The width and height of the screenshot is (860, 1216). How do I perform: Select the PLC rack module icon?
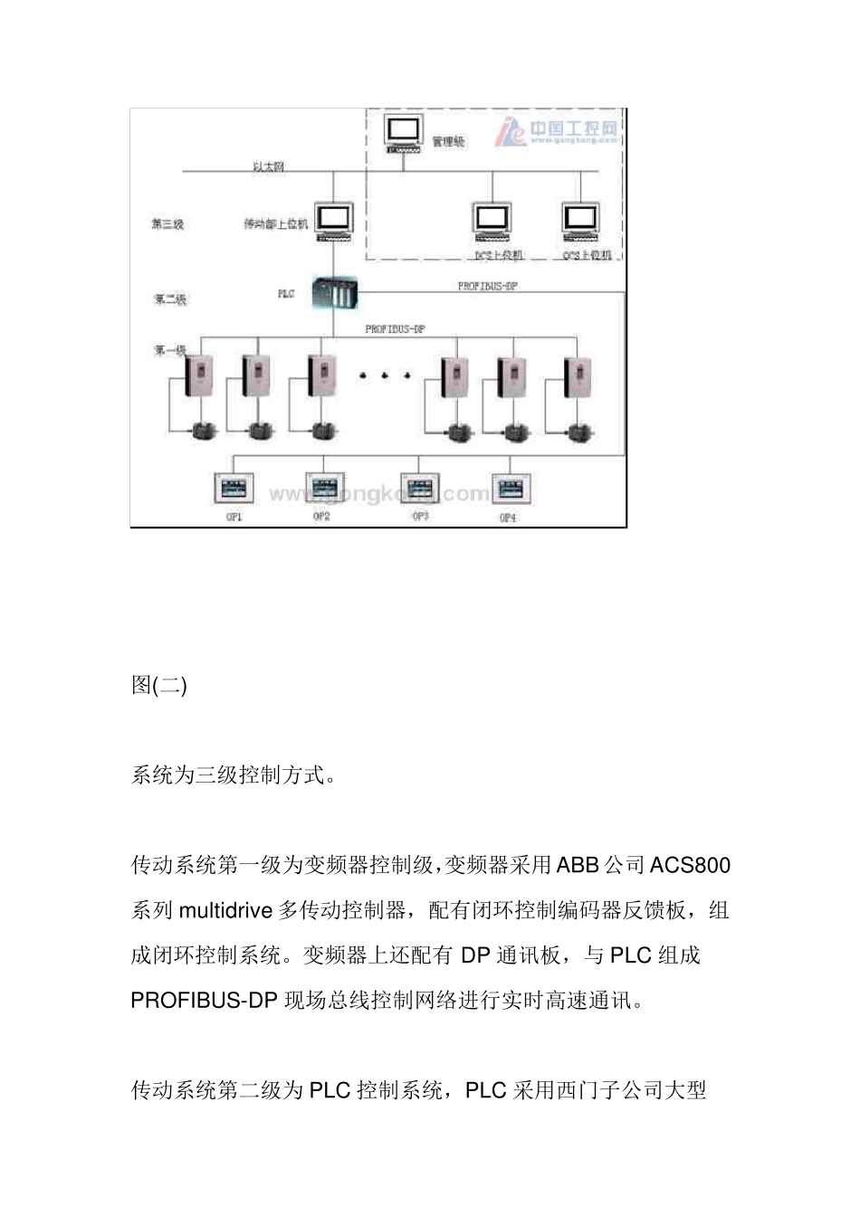point(334,292)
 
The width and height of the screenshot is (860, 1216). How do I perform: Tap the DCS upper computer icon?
point(492,223)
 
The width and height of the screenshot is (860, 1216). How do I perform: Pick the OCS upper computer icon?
point(581,222)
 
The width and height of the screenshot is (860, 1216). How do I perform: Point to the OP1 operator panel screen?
point(234,489)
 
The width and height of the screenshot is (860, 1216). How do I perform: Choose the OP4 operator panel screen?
point(511,489)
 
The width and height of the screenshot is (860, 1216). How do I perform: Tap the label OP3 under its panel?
point(420,517)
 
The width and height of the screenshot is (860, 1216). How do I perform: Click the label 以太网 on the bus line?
point(269,166)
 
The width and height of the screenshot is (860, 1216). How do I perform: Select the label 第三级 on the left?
point(167,223)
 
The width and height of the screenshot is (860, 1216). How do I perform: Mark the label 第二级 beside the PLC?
point(170,299)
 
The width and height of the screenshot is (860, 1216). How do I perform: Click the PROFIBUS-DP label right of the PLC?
point(487,286)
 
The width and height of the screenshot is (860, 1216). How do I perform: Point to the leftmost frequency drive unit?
point(200,375)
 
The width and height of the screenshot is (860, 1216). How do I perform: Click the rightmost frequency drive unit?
point(576,375)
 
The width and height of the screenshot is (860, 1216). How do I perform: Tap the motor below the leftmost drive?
point(200,431)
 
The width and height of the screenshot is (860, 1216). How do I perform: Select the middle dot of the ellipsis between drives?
point(385,375)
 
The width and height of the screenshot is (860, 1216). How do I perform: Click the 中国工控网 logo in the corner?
point(558,132)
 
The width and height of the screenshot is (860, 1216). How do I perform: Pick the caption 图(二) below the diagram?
point(159,686)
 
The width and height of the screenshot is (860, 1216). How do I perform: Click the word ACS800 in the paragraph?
point(690,866)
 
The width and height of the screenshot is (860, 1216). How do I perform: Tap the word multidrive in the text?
point(225,911)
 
